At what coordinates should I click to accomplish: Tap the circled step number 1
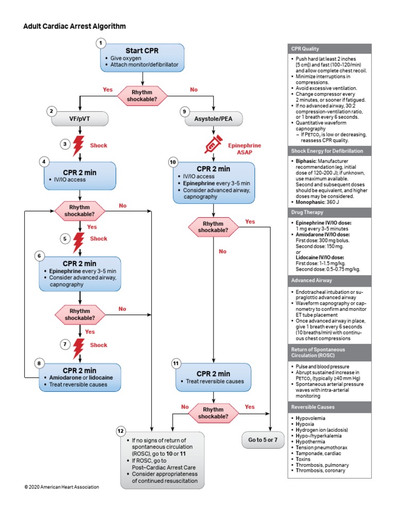coord(102,44)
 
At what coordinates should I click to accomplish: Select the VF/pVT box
coord(80,119)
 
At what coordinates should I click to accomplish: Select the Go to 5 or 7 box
coord(262,440)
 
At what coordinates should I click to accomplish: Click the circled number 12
coord(120,430)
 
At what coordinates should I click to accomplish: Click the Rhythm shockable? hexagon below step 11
coord(213,413)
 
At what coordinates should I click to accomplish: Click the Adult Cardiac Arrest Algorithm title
coord(74,26)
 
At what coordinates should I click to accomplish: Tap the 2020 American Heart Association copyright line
coord(61,486)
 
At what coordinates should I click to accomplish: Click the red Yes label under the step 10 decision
coord(250,222)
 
